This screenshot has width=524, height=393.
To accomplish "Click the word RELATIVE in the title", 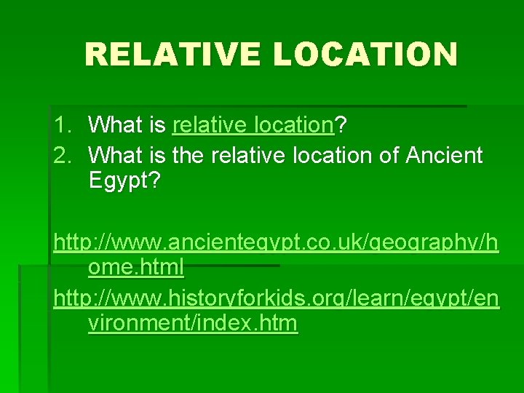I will coord(173,54).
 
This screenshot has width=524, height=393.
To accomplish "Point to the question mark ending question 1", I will coord(341,125).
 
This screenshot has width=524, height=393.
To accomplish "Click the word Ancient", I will coord(443,155).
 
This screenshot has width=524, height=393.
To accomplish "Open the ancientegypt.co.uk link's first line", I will coord(276,242).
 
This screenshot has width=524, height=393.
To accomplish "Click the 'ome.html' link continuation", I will coord(135,268).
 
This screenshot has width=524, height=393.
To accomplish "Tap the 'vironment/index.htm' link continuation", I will coord(193,323).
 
